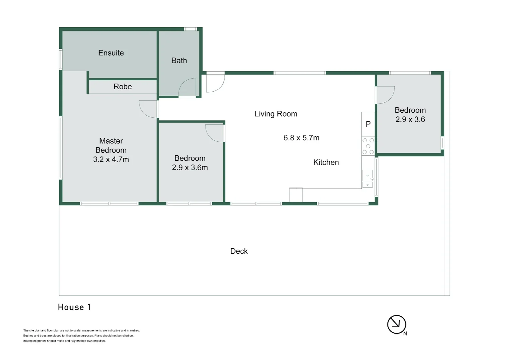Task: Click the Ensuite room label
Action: (111, 53)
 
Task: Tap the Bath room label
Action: (179, 60)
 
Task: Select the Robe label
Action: (123, 86)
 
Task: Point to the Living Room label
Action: (275, 114)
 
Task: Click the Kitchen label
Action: (326, 162)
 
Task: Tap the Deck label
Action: (239, 251)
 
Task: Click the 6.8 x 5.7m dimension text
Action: (301, 138)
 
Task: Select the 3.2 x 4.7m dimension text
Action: (111, 159)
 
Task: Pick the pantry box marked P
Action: (368, 124)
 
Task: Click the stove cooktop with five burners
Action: (368, 146)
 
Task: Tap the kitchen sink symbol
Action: (367, 179)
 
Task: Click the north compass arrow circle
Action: (396, 325)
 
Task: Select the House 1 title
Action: (74, 307)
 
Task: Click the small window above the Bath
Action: (191, 29)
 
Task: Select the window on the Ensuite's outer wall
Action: (61, 59)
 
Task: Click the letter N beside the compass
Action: (405, 334)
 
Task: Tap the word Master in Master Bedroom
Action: (111, 141)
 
